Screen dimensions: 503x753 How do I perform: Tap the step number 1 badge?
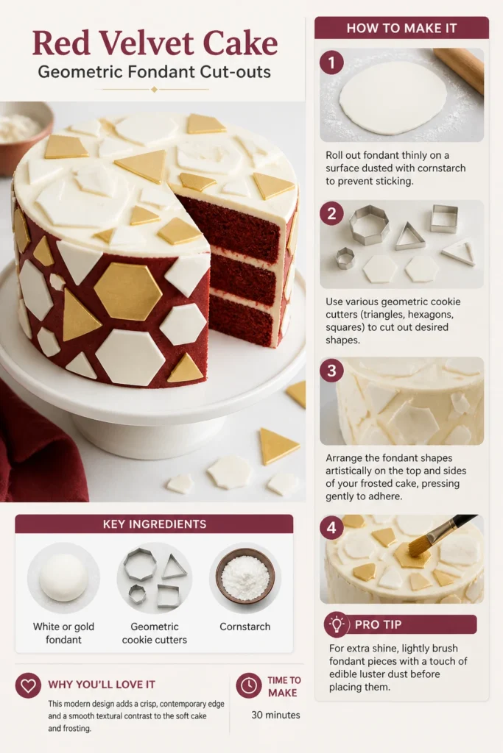(331, 63)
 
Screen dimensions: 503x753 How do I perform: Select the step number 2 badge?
(331, 213)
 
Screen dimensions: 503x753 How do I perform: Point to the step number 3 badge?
(331, 371)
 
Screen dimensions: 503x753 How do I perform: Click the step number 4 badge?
(331, 528)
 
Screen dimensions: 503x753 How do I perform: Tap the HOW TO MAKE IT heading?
(401, 29)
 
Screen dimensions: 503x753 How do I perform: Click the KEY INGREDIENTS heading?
(155, 524)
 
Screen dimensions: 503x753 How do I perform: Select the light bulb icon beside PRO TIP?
(336, 624)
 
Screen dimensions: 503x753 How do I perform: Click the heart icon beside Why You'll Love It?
(28, 685)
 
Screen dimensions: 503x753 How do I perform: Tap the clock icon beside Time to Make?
(249, 685)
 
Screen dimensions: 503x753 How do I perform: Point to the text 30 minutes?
(275, 715)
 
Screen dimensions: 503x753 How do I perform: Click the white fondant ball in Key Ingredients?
(63, 578)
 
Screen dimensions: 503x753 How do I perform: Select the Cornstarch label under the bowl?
(245, 627)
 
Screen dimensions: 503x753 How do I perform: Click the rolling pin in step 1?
(460, 70)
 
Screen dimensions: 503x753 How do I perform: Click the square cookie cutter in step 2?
(444, 218)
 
